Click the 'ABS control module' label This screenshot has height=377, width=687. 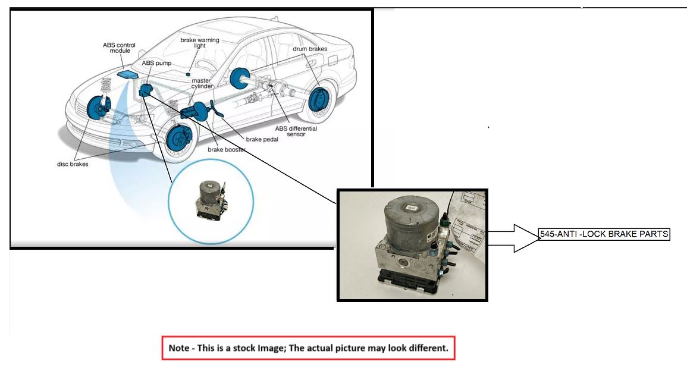tap(120, 48)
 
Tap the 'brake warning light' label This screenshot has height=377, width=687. tap(200, 43)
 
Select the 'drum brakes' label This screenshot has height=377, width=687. tap(309, 48)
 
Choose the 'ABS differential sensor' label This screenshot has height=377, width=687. tap(296, 131)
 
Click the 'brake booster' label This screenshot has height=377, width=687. tap(227, 150)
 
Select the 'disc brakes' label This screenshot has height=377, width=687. tap(73, 164)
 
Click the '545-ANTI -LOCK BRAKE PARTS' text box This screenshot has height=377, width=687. tap(604, 234)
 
